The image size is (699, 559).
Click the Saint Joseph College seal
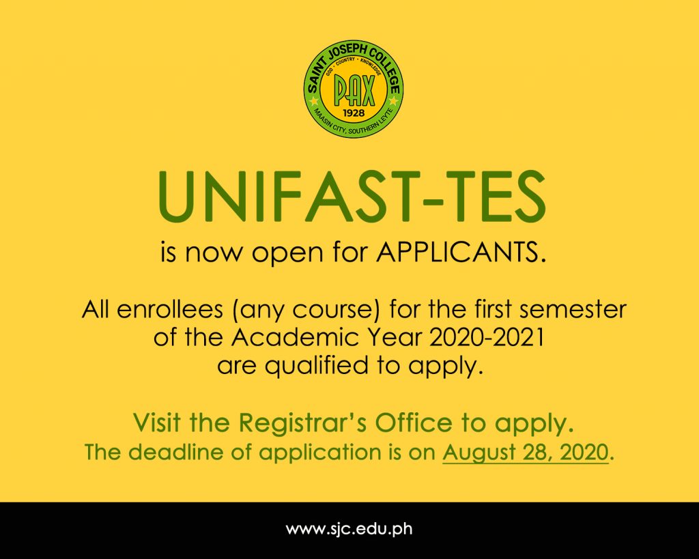pos(354,88)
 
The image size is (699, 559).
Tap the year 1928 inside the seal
pos(354,113)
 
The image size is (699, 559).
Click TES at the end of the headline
pos(497,197)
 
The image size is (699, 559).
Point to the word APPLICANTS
pos(461,253)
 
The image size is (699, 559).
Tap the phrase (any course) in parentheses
pos(306,310)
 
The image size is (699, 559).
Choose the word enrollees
pos(170,309)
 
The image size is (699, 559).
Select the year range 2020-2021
pos(487,337)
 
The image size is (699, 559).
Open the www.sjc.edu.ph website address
pos(349,530)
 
